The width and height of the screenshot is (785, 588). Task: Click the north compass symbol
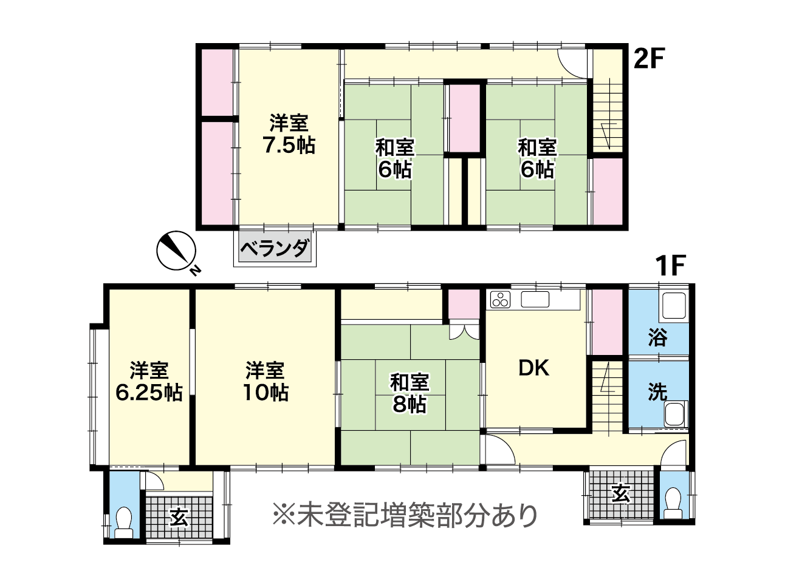[177, 251]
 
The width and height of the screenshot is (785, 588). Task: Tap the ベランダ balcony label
[275, 248]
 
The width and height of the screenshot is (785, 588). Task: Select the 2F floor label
[649, 59]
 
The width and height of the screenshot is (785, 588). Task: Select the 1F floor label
[670, 265]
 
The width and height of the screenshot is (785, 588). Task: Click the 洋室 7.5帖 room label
[289, 134]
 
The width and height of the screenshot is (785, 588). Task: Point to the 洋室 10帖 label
[266, 381]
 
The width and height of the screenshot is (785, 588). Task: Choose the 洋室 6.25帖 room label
[149, 381]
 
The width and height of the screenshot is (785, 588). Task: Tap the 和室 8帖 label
[410, 393]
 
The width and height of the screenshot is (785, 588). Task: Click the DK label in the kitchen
[534, 368]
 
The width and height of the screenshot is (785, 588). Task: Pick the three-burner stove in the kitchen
[500, 299]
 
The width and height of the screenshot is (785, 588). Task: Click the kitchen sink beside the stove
[535, 299]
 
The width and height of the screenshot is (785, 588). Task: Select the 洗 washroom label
[657, 391]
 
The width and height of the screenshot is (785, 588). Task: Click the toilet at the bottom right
[673, 503]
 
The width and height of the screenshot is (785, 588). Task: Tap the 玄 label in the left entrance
[179, 518]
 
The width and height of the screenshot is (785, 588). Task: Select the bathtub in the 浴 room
[674, 306]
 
